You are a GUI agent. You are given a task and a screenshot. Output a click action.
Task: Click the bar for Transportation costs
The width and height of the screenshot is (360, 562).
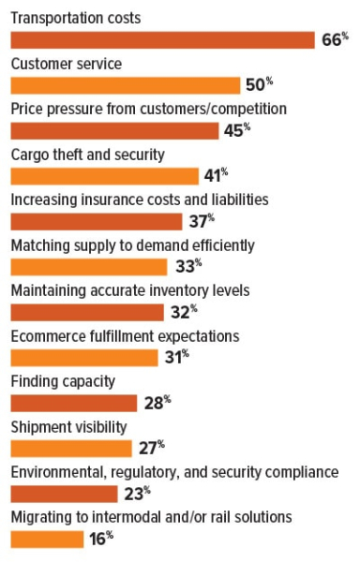pyautogui.click(x=161, y=39)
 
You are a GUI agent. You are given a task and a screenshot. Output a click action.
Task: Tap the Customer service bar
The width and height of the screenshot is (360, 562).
pyautogui.click(x=125, y=85)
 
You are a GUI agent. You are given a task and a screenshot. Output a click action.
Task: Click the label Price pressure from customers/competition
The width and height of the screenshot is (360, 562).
pyautogui.click(x=148, y=109)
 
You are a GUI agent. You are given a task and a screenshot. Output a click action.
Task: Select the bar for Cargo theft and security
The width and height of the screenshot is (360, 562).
pyautogui.click(x=104, y=176)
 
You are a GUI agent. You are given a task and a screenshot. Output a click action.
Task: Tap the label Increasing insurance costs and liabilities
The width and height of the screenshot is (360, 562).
pyautogui.click(x=152, y=200)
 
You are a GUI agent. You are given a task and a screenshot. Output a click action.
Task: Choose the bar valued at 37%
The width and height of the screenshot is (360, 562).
pyautogui.click(x=95, y=221)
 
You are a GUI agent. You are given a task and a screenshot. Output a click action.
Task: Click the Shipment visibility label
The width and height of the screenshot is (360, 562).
pyautogui.click(x=68, y=426)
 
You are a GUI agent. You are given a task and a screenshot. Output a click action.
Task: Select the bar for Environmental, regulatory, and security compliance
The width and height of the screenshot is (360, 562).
pyautogui.click(x=63, y=493)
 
